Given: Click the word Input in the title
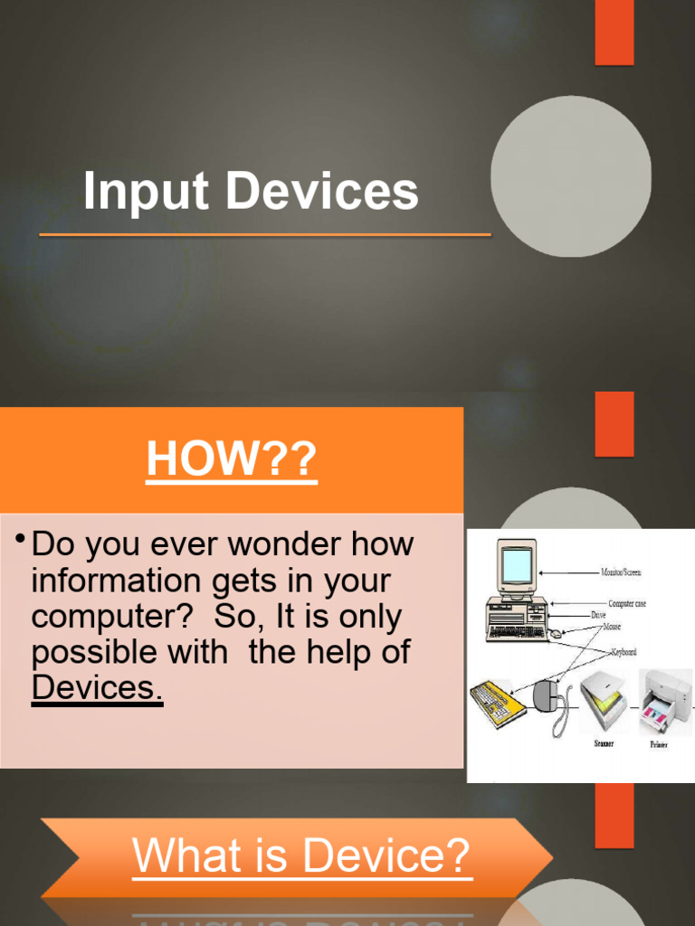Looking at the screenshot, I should pyautogui.click(x=145, y=192).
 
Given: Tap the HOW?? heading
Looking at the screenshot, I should pyautogui.click(x=232, y=460).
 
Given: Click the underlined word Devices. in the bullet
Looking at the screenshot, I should pyautogui.click(x=97, y=687).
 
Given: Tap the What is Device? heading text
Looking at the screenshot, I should pyautogui.click(x=301, y=855).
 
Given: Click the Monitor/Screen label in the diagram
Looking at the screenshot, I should pyautogui.click(x=622, y=572).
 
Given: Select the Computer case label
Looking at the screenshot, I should pyautogui.click(x=639, y=603).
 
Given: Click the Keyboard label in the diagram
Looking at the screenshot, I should pyautogui.click(x=624, y=651).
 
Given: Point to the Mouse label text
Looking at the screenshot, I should pyautogui.click(x=612, y=626).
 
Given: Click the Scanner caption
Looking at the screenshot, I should pyautogui.click(x=603, y=744).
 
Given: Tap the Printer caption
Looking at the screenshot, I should pyautogui.click(x=659, y=744).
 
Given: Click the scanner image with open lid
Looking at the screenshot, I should pyautogui.click(x=604, y=702).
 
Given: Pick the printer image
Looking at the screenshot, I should pyautogui.click(x=667, y=700).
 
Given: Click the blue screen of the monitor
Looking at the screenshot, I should pyautogui.click(x=517, y=565).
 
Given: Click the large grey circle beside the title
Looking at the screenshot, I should pyautogui.click(x=570, y=176).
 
